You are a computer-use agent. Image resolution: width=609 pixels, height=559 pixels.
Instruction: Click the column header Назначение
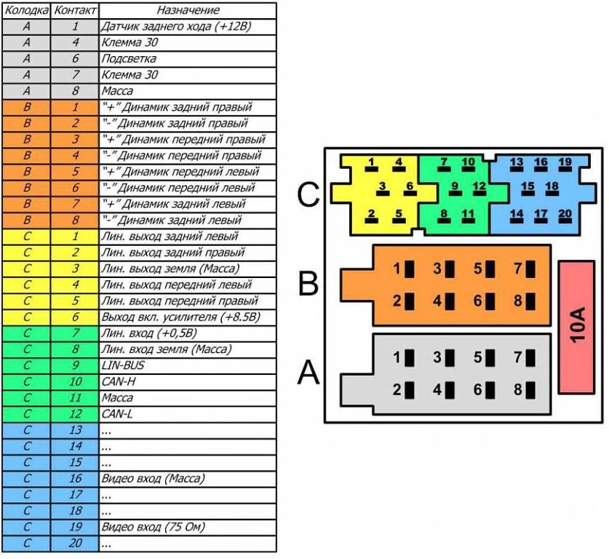(x=188, y=11)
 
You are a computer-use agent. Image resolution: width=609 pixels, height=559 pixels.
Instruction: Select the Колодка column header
(x=26, y=11)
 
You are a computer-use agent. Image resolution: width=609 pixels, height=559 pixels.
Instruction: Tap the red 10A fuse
(x=576, y=327)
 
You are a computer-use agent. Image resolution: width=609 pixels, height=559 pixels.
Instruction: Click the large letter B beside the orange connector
(x=309, y=283)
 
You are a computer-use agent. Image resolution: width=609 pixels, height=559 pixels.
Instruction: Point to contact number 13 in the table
(x=75, y=430)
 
